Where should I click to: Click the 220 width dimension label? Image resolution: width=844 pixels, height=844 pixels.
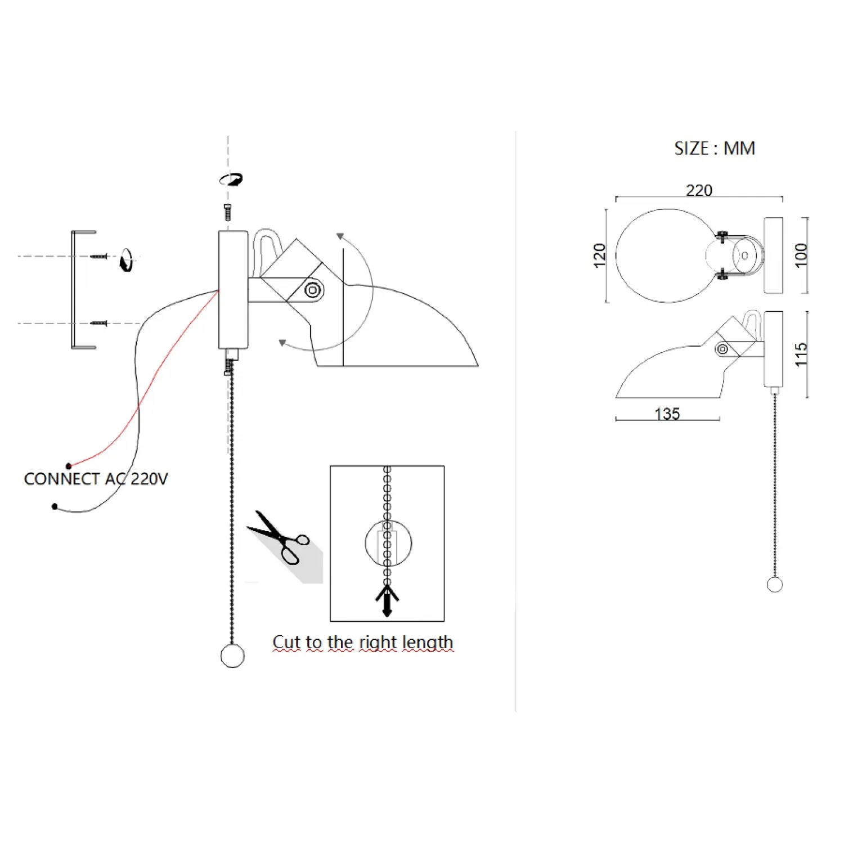click(x=699, y=190)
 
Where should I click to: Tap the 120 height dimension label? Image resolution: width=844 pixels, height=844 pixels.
click(x=600, y=255)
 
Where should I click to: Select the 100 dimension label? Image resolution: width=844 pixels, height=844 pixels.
click(x=801, y=255)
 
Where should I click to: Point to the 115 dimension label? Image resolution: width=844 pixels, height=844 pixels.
click(x=801, y=354)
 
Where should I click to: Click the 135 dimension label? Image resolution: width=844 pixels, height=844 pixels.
click(x=667, y=414)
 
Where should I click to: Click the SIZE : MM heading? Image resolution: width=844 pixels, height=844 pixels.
click(x=715, y=149)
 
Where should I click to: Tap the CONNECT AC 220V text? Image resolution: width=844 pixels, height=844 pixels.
click(x=96, y=479)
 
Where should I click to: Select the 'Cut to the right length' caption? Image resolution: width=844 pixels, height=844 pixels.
click(x=363, y=642)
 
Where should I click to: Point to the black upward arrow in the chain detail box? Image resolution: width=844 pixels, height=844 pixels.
click(x=387, y=600)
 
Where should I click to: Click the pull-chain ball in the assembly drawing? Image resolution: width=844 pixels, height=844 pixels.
click(x=232, y=656)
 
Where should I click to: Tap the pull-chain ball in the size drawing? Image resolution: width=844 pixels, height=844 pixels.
click(x=775, y=585)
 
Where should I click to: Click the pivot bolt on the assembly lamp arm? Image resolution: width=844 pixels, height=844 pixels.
click(x=313, y=290)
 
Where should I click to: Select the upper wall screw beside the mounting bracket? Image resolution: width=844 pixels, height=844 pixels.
click(x=99, y=257)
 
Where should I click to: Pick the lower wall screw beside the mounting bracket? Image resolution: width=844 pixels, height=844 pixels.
click(x=99, y=324)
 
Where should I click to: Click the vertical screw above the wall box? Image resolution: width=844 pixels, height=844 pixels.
click(x=227, y=213)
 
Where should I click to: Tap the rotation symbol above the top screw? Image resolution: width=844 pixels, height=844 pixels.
click(x=231, y=179)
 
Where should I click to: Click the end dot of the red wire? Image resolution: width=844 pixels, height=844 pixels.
click(x=69, y=466)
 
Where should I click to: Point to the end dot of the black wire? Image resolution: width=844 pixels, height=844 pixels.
click(x=55, y=506)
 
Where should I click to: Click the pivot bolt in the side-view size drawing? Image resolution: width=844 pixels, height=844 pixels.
click(x=722, y=349)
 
